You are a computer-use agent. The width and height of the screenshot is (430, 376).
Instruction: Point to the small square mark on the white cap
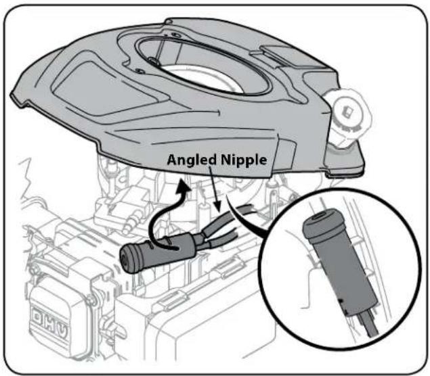[349, 112]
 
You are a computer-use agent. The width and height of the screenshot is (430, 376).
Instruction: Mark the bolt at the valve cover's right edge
[91, 300]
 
